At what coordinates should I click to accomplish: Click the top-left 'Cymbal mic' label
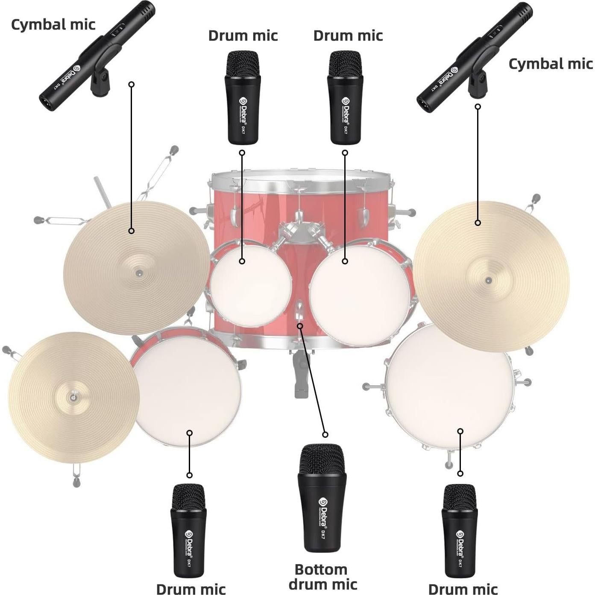pos(53,24)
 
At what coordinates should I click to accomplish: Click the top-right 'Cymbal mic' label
pos(550,64)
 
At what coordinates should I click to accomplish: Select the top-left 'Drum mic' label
pos(243,35)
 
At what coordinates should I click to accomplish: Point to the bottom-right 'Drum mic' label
pos(463,589)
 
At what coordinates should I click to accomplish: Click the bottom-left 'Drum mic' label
pos(191,589)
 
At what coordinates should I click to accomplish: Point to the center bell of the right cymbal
pos(488,280)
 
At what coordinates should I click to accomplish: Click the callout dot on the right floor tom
pos(460,431)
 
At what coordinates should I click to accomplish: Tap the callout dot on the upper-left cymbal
pos(132,231)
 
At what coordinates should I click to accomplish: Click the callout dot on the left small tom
pos(242,261)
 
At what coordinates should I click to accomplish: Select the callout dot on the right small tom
pos(345,261)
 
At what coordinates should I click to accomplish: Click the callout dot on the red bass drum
pos(300,326)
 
